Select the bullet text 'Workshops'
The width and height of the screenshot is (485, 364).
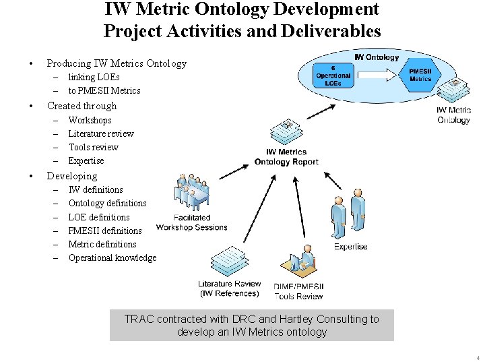pyautogui.click(x=90, y=120)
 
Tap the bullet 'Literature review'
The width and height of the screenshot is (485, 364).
pyautogui.click(x=101, y=133)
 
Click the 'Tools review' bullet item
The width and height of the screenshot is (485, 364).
pyautogui.click(x=93, y=147)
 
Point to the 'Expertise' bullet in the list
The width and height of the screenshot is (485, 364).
pyautogui.click(x=86, y=160)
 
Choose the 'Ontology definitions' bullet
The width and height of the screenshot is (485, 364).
pyautogui.click(x=107, y=203)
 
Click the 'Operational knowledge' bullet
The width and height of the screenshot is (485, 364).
pyautogui.click(x=112, y=257)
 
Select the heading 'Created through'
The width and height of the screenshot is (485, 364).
pyautogui.click(x=82, y=106)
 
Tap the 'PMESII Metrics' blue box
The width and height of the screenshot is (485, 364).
pyautogui.click(x=420, y=74)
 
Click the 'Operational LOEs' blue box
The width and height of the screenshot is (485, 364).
pyautogui.click(x=333, y=76)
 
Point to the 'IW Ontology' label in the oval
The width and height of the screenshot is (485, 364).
pyautogui.click(x=377, y=57)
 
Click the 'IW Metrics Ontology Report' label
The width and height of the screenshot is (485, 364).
pyautogui.click(x=286, y=157)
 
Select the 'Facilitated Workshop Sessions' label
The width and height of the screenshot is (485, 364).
pyautogui.click(x=192, y=222)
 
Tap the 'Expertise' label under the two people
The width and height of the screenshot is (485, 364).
pyautogui.click(x=351, y=247)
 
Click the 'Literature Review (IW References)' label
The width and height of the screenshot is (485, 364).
pyautogui.click(x=229, y=289)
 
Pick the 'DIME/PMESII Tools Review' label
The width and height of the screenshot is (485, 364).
pyautogui.click(x=299, y=291)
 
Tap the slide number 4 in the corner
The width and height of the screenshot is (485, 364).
pyautogui.click(x=478, y=357)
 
